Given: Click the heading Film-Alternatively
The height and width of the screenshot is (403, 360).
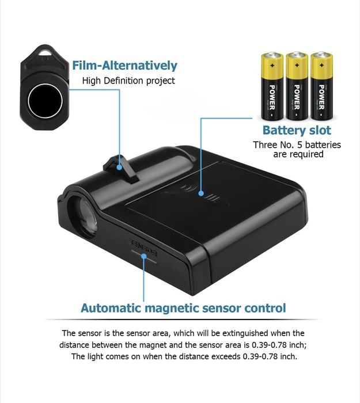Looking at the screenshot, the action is coord(125,66).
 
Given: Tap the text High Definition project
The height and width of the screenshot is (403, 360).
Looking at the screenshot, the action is coord(128,81).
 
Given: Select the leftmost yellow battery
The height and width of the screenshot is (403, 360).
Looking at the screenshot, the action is coord(272,86).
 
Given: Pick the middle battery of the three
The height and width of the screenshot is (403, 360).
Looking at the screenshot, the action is coord(297,86).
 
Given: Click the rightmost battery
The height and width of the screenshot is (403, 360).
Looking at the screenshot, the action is coord(321,86).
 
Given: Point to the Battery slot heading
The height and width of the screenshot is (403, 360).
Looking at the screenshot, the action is coord(297,130).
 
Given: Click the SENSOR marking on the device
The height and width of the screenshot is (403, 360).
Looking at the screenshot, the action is coord(143,248).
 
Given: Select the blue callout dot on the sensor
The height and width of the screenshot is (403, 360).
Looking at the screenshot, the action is coord(144,256).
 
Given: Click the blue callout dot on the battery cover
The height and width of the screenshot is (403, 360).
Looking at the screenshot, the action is coord(202,193).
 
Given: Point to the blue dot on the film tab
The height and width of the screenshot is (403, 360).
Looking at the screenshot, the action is coord(119,168).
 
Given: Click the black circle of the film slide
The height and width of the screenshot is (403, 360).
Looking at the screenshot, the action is coord(46,101).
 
